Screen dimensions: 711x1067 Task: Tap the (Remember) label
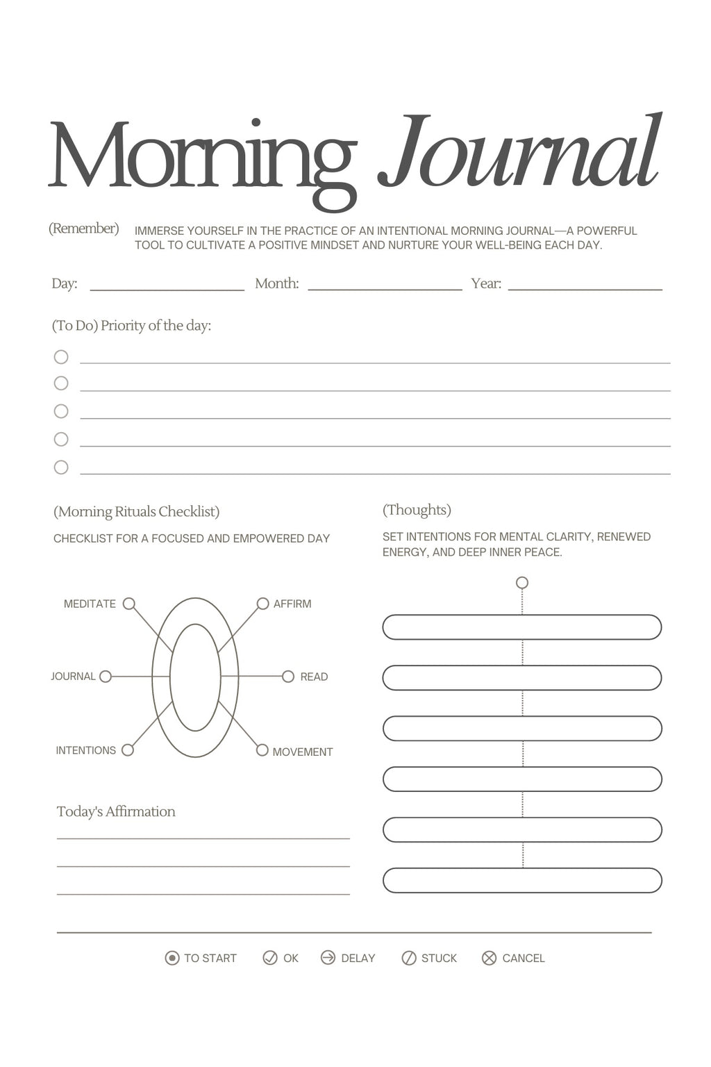pyautogui.click(x=83, y=229)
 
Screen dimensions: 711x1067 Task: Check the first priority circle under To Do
pyautogui.click(x=61, y=357)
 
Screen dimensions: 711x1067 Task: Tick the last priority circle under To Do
pyautogui.click(x=61, y=468)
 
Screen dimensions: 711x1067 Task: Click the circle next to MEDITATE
pyautogui.click(x=128, y=604)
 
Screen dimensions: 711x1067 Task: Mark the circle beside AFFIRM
pyautogui.click(x=262, y=604)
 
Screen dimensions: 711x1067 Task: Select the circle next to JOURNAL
pyautogui.click(x=106, y=677)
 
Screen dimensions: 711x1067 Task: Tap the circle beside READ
pyautogui.click(x=288, y=677)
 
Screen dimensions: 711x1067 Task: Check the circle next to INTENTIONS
pyautogui.click(x=128, y=750)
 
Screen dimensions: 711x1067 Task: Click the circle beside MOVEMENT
pyautogui.click(x=262, y=750)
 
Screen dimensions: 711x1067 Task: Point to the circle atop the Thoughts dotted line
pyautogui.click(x=522, y=583)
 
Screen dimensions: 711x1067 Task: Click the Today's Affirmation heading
pyautogui.click(x=116, y=811)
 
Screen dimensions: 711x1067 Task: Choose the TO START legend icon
pyautogui.click(x=172, y=959)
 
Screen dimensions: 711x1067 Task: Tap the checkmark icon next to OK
pyautogui.click(x=270, y=958)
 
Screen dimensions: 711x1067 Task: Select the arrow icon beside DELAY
pyautogui.click(x=328, y=958)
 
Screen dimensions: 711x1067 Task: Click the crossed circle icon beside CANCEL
pyautogui.click(x=490, y=959)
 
